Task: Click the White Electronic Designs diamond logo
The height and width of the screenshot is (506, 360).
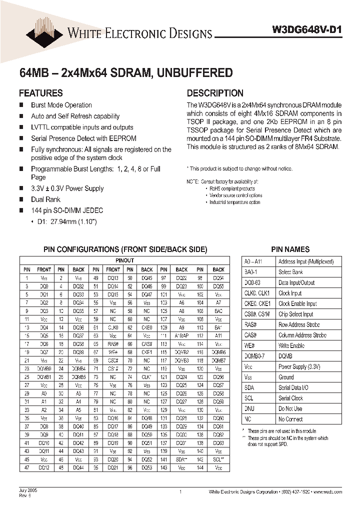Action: click(43, 28)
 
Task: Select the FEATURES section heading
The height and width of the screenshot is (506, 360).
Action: click(40, 93)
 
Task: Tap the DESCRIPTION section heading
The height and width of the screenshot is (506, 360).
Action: click(215, 93)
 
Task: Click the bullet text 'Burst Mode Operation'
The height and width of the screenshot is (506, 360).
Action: click(61, 105)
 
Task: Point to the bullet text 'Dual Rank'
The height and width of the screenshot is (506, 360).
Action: click(45, 199)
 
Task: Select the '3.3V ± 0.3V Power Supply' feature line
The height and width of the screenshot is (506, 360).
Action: click(67, 188)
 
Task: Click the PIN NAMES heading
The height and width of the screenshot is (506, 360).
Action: click(290, 249)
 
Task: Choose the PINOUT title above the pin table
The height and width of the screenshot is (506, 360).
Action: click(124, 260)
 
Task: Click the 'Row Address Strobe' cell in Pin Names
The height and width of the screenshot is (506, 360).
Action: click(298, 325)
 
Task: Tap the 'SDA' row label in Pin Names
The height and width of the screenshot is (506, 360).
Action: click(249, 388)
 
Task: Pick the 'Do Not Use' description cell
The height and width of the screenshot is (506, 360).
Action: click(290, 408)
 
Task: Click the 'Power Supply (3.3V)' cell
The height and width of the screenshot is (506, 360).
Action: click(299, 367)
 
